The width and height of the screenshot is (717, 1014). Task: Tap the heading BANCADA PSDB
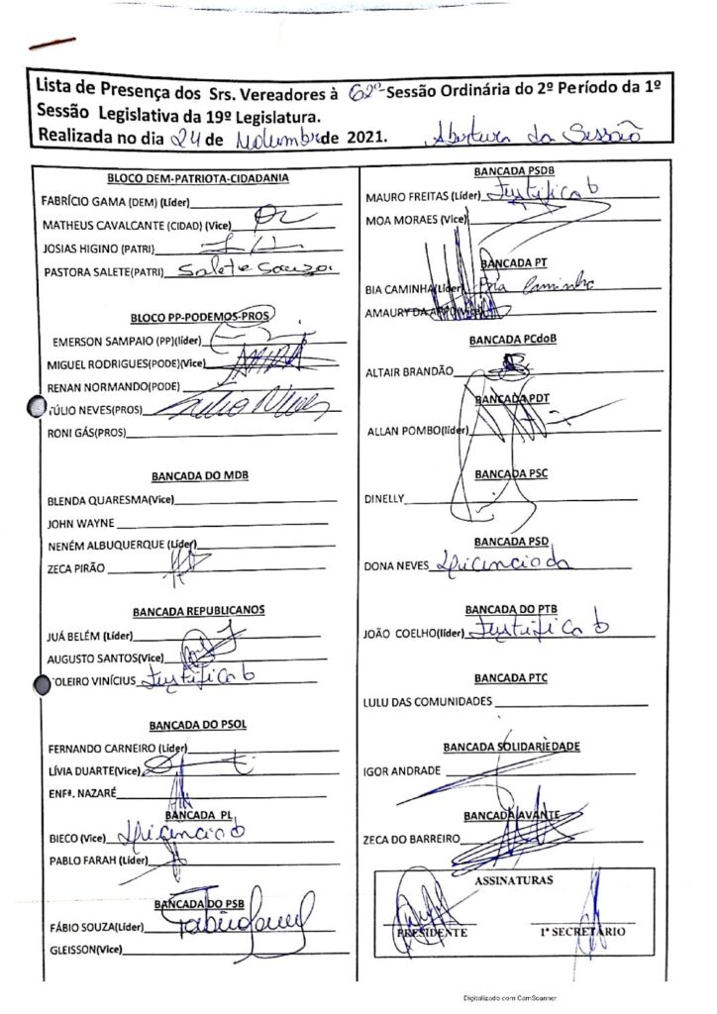[514, 170]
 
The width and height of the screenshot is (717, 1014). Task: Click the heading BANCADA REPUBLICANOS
[198, 610]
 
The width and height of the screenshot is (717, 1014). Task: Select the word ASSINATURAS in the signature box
[514, 878]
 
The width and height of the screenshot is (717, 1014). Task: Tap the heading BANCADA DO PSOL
[198, 724]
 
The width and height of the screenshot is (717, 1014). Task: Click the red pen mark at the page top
[53, 43]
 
